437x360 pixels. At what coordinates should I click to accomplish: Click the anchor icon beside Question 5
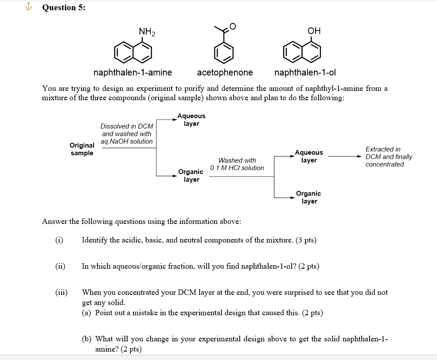coord(30,7)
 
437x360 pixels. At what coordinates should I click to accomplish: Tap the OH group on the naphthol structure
coord(313,31)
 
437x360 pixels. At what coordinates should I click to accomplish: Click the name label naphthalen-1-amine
coord(133,72)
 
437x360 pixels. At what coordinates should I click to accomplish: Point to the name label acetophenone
coord(225,72)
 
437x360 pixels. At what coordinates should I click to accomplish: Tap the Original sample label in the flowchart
coord(82,149)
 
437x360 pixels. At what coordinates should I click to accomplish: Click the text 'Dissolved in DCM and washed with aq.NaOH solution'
coord(127,133)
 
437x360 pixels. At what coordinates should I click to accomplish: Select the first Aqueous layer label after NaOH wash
coord(191,120)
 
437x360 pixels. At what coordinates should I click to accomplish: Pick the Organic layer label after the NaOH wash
coord(191,176)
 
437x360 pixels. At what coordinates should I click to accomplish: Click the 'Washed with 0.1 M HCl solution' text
coord(237,164)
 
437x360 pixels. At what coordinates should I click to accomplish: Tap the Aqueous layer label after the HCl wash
coord(309,156)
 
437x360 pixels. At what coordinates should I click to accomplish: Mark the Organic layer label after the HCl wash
coord(308,197)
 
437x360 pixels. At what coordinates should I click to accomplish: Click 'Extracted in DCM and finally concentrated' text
coord(388,157)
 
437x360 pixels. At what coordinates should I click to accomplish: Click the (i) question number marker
coord(59,240)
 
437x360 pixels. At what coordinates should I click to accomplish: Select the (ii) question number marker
coord(60,266)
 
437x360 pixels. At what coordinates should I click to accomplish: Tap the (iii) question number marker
coord(61,292)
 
